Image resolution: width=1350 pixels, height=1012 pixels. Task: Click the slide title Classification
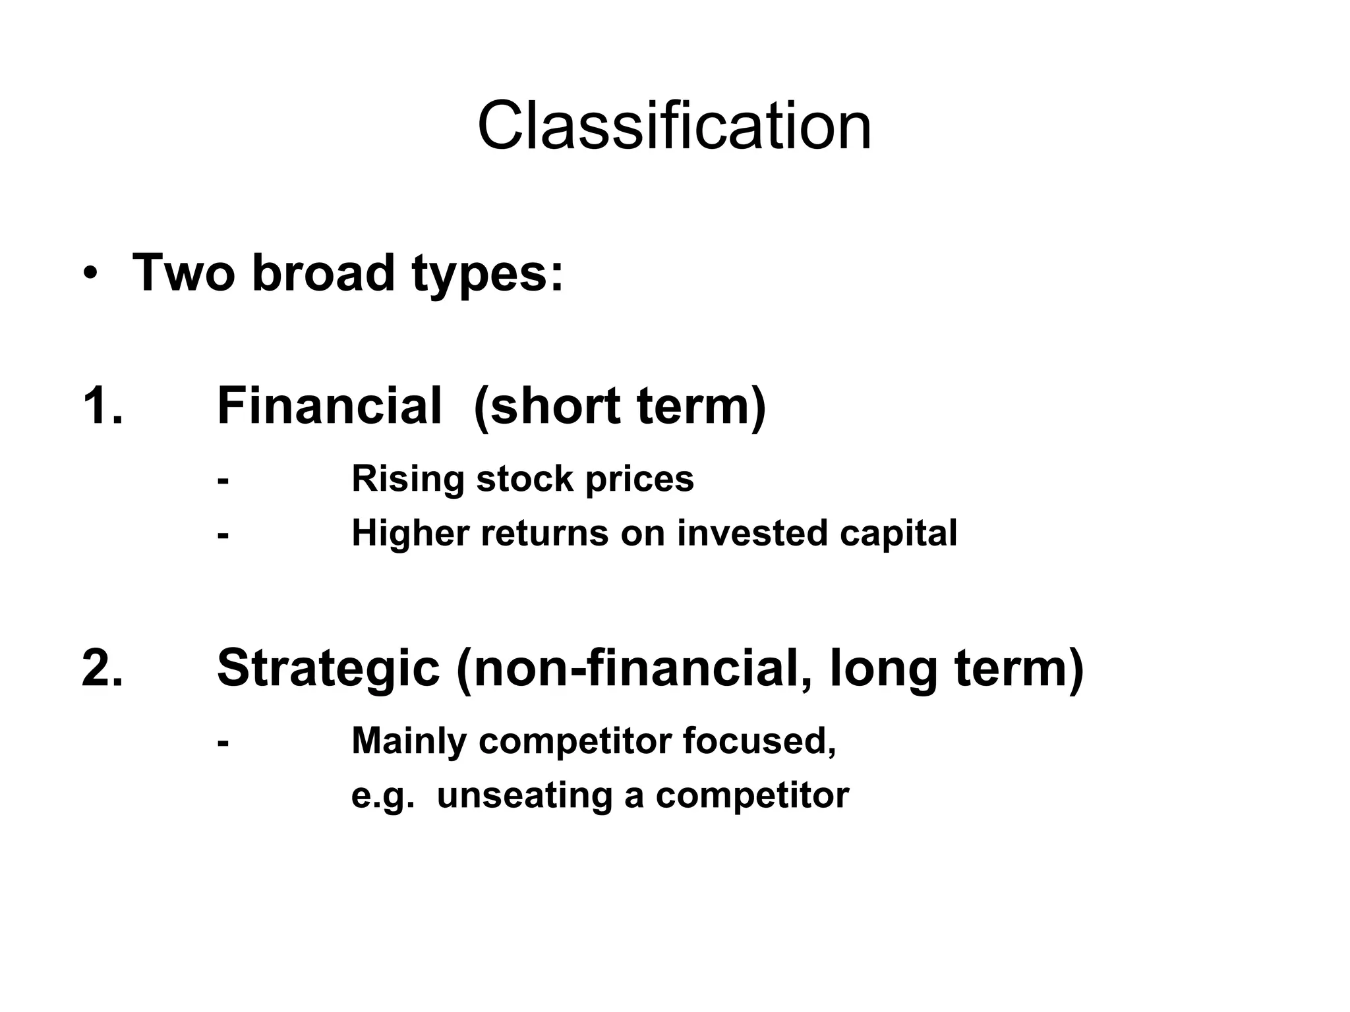click(674, 126)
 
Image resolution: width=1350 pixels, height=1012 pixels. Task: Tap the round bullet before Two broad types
click(90, 274)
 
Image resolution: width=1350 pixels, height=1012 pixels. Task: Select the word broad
click(322, 273)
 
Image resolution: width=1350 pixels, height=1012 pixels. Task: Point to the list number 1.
click(102, 405)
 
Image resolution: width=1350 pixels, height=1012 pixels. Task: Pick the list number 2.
click(102, 668)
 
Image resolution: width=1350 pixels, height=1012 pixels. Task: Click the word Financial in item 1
click(329, 405)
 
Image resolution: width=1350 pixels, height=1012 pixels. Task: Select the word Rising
click(407, 480)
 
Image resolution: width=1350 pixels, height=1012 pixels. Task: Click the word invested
click(752, 533)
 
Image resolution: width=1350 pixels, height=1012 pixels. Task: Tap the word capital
click(898, 534)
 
